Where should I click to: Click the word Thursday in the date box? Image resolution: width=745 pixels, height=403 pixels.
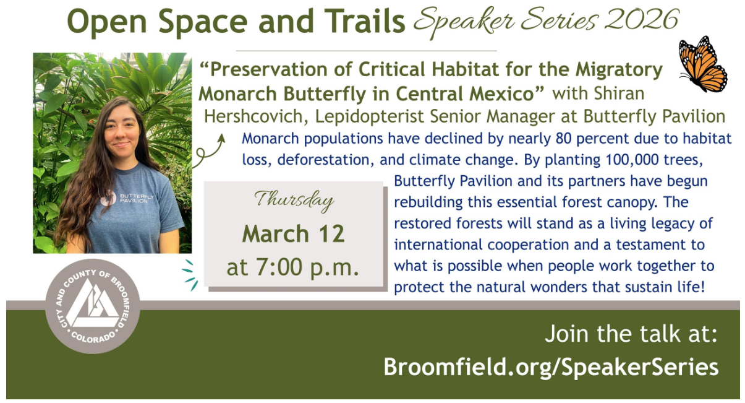(294, 201)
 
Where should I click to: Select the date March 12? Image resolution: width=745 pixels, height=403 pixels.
(293, 233)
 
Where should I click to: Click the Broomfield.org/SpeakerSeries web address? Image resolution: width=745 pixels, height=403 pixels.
(551, 367)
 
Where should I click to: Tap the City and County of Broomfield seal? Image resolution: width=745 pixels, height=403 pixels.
(93, 306)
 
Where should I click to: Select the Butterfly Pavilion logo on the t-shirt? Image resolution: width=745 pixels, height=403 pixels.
(127, 199)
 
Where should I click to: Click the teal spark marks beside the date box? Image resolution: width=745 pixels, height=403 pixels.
(190, 275)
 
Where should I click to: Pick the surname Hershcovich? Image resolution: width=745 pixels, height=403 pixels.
(256, 116)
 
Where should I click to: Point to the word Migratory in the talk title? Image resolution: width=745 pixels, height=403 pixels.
(619, 71)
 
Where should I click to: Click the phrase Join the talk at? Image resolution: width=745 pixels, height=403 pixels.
(631, 334)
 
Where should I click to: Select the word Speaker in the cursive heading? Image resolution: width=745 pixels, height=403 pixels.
(464, 20)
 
